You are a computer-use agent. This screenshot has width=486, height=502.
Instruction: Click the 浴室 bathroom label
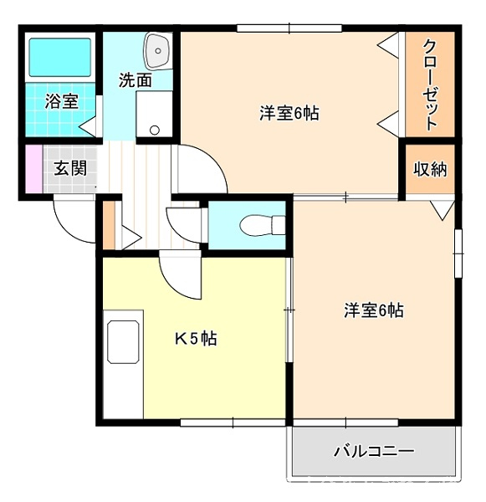tap(61, 101)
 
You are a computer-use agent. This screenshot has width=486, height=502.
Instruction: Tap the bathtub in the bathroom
tap(60, 57)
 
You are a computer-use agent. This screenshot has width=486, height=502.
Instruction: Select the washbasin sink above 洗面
tap(157, 51)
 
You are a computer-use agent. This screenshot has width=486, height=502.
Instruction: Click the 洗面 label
tap(136, 80)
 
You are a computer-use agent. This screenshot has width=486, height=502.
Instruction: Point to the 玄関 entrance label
tap(70, 168)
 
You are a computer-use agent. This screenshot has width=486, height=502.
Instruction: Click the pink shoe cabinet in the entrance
tap(34, 169)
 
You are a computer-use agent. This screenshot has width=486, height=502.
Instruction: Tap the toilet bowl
tap(262, 225)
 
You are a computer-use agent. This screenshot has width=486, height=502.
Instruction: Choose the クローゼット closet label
tap(430, 85)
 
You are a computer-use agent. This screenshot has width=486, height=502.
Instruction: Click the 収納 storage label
tap(430, 169)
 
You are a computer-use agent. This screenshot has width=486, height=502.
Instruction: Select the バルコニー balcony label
tap(374, 452)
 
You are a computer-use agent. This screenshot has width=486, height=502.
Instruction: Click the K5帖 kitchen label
tap(196, 338)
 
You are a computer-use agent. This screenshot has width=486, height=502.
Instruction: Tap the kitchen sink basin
tap(124, 342)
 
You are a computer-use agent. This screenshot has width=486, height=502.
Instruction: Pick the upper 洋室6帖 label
tap(289, 113)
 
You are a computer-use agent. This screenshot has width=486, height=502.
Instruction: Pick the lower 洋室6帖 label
tap(374, 310)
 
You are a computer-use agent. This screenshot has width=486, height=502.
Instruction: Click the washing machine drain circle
tap(155, 130)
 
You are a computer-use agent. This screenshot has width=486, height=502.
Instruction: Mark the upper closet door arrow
tap(388, 45)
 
